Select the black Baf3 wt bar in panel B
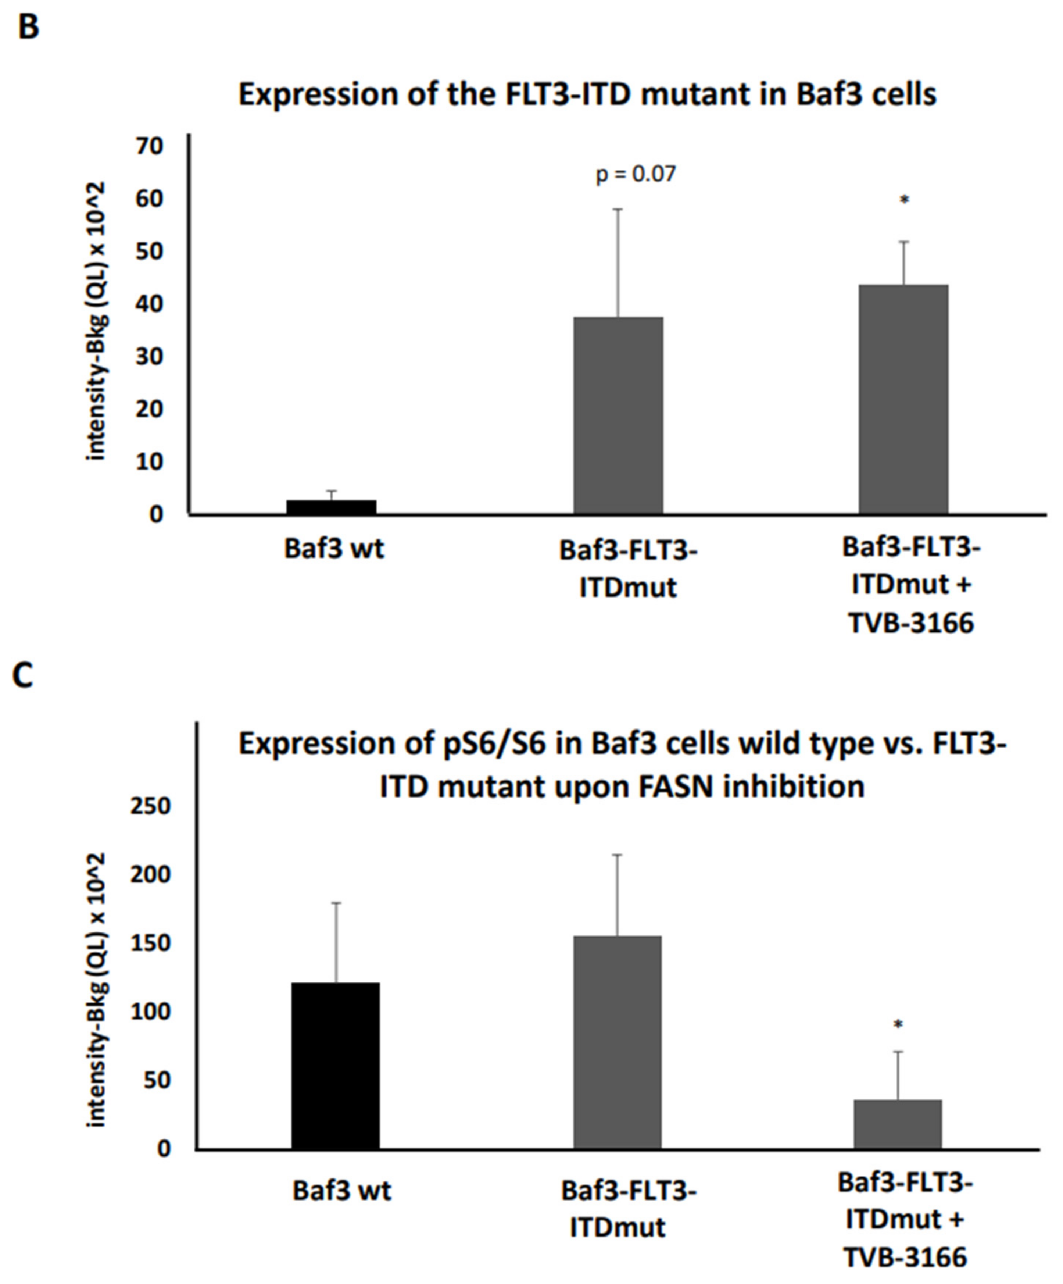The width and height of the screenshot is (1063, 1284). pyautogui.click(x=331, y=507)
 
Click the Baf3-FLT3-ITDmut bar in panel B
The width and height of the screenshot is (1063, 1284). pyautogui.click(x=618, y=416)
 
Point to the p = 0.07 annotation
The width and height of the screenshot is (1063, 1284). pyautogui.click(x=636, y=175)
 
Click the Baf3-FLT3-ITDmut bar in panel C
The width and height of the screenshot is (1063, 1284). pyautogui.click(x=618, y=1042)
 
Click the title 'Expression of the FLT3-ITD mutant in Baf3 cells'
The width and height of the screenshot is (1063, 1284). pyautogui.click(x=587, y=95)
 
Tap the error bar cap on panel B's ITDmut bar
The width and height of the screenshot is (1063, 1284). pyautogui.click(x=618, y=210)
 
